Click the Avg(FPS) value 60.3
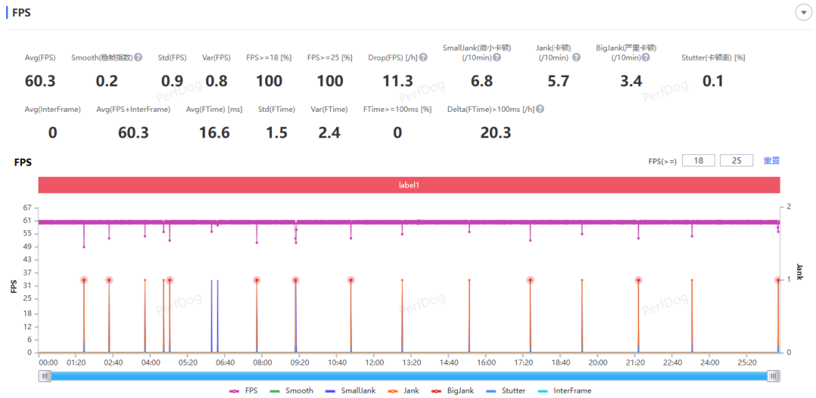click(40, 81)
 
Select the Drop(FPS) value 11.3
click(397, 81)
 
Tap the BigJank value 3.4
click(631, 81)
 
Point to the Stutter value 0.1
click(712, 81)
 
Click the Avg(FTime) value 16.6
click(215, 133)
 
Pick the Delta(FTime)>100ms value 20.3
click(496, 133)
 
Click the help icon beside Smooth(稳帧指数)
click(138, 57)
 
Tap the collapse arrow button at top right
click(803, 13)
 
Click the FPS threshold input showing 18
click(699, 161)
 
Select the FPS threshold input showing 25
click(737, 161)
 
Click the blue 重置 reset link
click(771, 161)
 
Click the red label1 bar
click(409, 185)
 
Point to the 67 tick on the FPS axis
click(28, 208)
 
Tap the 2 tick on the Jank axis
click(789, 206)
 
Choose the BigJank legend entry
click(456, 390)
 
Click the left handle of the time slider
click(45, 376)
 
